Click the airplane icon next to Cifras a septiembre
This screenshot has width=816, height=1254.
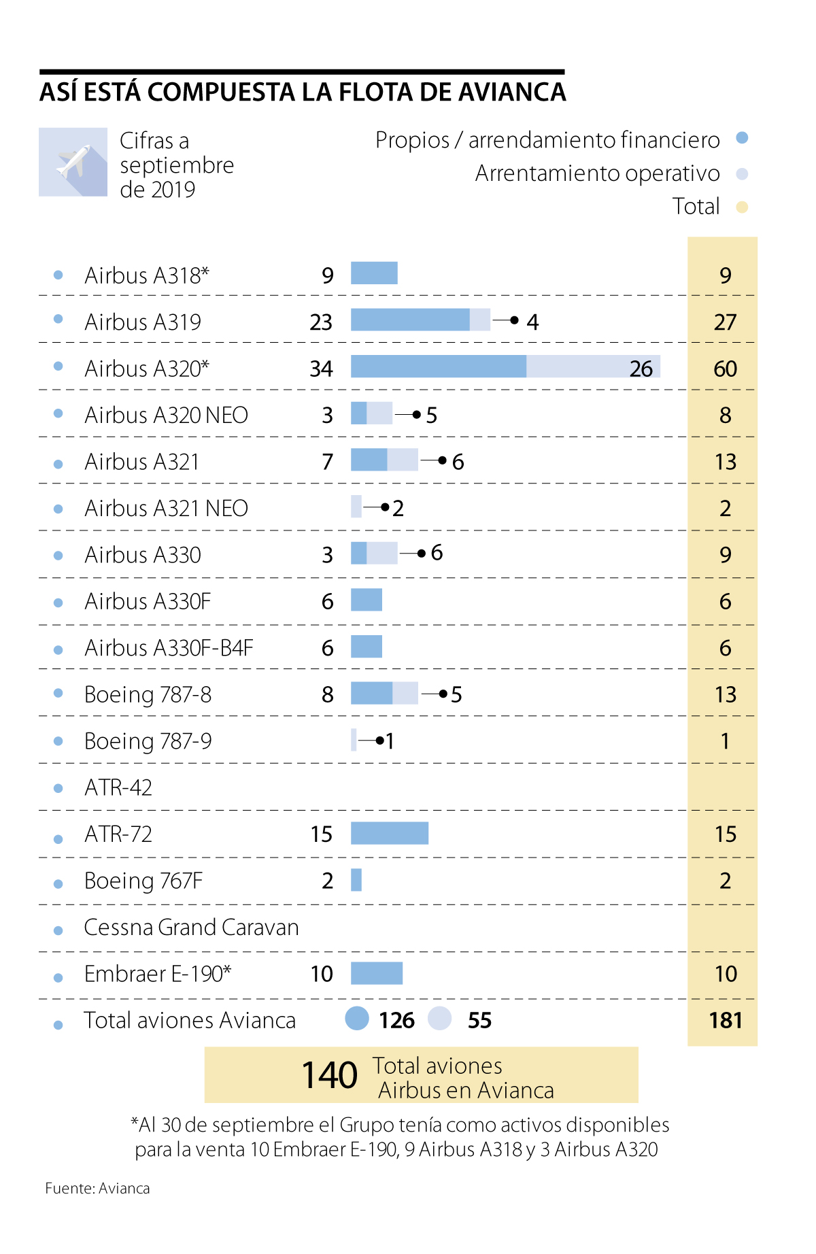tap(73, 162)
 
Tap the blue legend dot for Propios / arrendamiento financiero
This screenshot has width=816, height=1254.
tap(742, 138)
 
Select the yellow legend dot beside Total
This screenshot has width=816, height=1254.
tap(742, 207)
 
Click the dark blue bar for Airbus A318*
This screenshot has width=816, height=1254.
tap(374, 273)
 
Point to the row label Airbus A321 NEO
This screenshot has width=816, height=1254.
tap(166, 509)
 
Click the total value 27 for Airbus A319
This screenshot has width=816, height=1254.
tap(725, 322)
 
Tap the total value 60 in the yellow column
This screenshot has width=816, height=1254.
tap(725, 369)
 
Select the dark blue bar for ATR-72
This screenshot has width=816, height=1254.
tap(390, 833)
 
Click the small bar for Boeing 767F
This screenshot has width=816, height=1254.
tap(356, 880)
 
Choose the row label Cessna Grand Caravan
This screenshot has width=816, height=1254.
tap(191, 928)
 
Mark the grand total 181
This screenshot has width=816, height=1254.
tap(725, 1020)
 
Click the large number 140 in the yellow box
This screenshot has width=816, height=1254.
tap(330, 1075)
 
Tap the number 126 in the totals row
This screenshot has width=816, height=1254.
tap(396, 1020)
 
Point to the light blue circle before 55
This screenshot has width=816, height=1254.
tap(440, 1019)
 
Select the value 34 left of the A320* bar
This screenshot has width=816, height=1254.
tap(321, 369)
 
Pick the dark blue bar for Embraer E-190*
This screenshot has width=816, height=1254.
tap(377, 973)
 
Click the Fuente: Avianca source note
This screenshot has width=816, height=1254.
tap(97, 1188)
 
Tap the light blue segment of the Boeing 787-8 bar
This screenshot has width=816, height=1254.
tap(405, 693)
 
